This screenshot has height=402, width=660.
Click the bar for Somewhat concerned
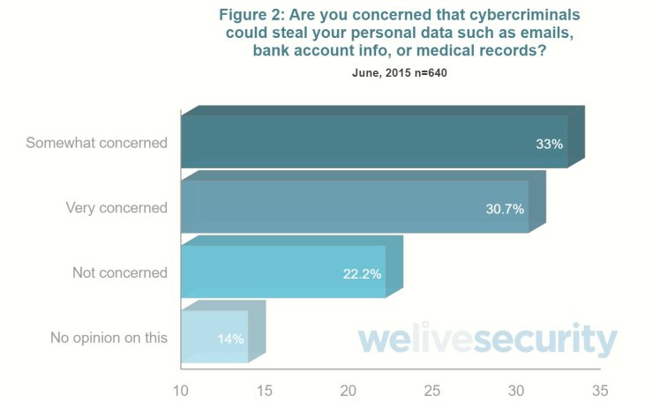[371, 141]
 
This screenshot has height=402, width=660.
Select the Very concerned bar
[353, 207]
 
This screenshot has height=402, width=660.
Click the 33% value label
[549, 144]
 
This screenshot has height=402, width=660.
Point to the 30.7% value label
[505, 209]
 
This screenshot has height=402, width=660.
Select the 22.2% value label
[362, 274]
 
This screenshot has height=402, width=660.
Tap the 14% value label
[230, 339]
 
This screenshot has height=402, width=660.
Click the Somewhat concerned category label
[96, 142]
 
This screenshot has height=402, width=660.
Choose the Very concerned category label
[116, 208]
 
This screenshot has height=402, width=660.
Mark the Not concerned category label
[120, 272]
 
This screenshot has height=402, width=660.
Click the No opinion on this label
[109, 337]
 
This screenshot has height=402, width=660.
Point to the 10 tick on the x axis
[181, 389]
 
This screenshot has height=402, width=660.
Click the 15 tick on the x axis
[265, 389]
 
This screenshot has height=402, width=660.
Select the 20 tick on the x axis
[349, 389]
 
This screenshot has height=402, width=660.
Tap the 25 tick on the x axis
[432, 389]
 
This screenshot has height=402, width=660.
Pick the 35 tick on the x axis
[600, 389]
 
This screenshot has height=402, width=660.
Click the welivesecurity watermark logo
[487, 340]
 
